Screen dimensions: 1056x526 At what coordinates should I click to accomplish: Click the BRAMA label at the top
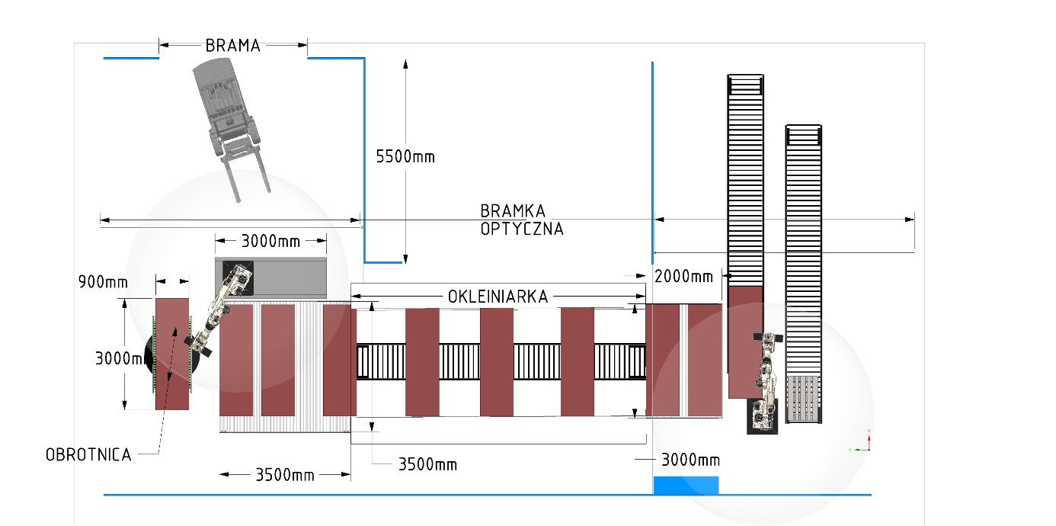tap(233, 46)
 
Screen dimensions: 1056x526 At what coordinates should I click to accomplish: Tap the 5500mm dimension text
tap(405, 156)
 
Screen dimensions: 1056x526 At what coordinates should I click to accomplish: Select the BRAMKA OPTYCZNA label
tap(521, 220)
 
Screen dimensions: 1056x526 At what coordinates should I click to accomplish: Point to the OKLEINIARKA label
tap(498, 297)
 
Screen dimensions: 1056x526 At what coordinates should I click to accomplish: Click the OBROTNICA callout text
tap(88, 455)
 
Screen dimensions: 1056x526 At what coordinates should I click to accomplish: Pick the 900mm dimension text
tap(103, 282)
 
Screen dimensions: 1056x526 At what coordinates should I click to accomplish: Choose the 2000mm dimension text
tap(683, 277)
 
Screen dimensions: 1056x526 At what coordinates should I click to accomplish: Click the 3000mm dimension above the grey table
tap(270, 241)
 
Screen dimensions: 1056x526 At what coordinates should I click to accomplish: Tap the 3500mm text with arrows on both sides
tap(285, 475)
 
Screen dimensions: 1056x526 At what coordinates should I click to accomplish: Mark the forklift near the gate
tap(230, 128)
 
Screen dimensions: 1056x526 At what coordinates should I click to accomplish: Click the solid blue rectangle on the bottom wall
tap(686, 486)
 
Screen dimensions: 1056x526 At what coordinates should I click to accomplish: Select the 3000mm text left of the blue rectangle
tap(690, 460)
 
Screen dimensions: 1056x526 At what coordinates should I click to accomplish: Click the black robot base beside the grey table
tap(238, 277)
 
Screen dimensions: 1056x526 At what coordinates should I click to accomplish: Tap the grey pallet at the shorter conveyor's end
tap(803, 399)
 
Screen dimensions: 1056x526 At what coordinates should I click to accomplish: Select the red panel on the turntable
tap(172, 354)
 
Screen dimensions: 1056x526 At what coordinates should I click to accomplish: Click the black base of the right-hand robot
tap(763, 416)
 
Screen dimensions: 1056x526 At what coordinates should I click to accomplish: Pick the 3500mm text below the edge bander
tap(427, 465)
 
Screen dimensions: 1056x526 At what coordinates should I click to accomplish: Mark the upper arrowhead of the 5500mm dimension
tap(405, 64)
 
